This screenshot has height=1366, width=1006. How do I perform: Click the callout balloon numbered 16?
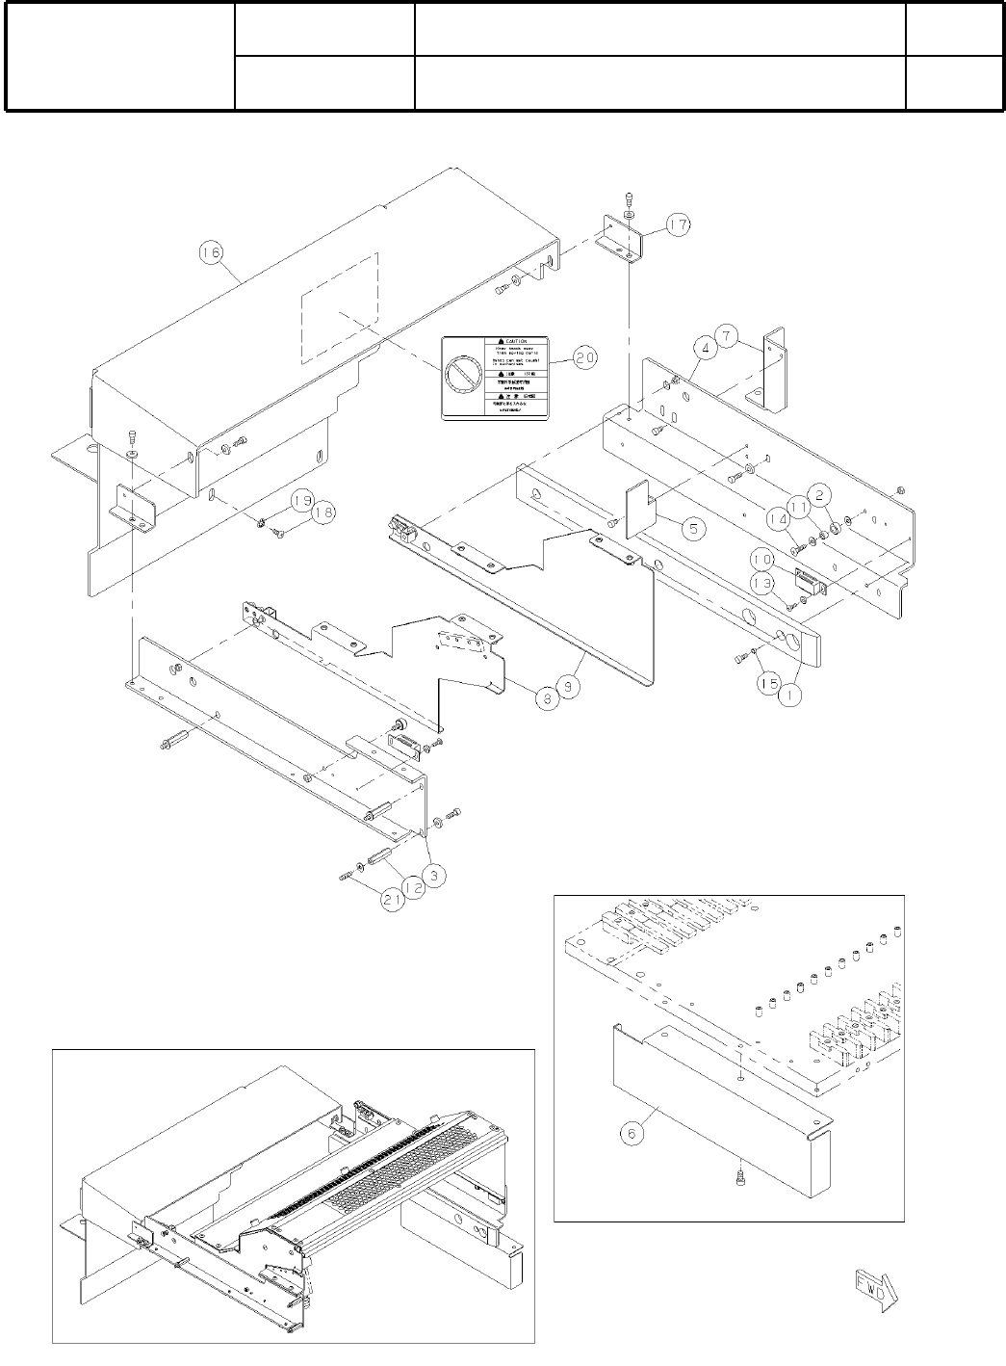pos(210,252)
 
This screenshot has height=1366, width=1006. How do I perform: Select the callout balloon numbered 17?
pos(678,225)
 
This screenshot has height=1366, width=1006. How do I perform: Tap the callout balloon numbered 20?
pos(584,356)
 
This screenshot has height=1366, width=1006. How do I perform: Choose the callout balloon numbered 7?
pos(729,338)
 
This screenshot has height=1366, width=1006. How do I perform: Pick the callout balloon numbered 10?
pos(761,559)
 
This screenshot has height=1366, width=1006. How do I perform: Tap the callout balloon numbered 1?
pos(790,698)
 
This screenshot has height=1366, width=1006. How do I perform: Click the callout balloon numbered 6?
pos(632,1135)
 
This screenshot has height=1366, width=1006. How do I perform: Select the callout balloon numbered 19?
pos(301,500)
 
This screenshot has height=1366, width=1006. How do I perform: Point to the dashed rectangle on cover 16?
pos(339,308)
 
